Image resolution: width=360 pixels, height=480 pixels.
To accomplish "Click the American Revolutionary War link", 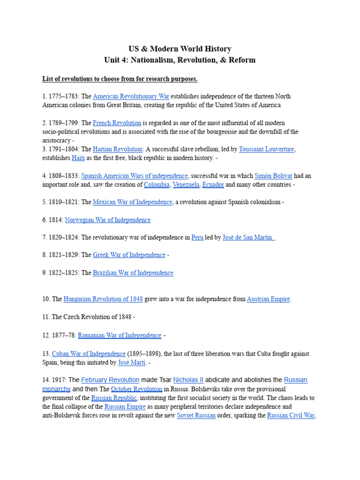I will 131,96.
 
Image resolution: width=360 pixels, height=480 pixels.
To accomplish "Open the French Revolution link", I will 117,123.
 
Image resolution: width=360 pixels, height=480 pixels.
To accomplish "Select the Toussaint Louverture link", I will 266,149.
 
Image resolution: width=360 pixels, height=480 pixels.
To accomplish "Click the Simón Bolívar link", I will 273,176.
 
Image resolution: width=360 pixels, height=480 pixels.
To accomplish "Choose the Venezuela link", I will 186,185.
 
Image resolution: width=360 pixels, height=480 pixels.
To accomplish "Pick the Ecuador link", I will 213,185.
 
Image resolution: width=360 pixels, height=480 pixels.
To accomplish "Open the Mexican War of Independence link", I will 133,202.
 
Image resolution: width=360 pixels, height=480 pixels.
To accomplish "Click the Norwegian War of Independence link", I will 108,220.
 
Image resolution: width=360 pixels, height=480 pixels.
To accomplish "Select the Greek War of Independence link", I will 129,255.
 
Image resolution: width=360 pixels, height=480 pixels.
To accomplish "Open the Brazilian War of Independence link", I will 133,273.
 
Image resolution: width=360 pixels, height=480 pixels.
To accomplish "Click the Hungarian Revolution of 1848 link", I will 103,299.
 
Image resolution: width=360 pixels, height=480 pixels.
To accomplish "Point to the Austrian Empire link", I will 268,299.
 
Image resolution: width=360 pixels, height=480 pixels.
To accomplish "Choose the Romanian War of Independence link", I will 120,335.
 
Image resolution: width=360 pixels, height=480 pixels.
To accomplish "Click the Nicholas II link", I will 188,380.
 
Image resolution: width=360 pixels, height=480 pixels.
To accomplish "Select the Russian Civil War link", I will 291,415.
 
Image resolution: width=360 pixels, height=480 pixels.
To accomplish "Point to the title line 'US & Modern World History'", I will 180,49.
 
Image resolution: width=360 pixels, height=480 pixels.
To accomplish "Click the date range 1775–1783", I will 64,96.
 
